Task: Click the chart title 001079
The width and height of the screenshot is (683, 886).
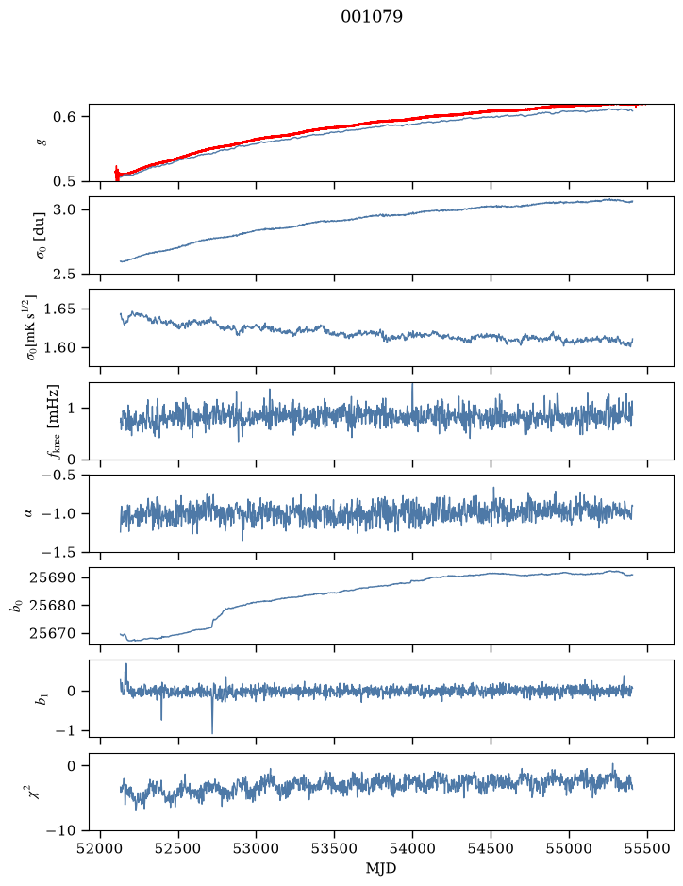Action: tap(371, 16)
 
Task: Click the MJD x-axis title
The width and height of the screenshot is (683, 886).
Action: tap(381, 868)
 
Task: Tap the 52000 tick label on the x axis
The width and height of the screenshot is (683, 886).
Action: tap(101, 848)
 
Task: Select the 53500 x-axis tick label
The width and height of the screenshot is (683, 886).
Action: tap(335, 848)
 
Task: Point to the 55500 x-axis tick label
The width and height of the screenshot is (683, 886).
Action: tap(647, 848)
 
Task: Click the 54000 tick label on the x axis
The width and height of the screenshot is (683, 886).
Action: tap(412, 848)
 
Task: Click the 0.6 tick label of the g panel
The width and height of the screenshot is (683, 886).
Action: tap(64, 117)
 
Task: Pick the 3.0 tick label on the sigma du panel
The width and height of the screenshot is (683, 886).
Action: tap(64, 210)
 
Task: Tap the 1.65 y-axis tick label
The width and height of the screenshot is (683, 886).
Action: tap(59, 309)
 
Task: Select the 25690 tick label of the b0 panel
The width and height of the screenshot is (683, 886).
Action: tap(51, 578)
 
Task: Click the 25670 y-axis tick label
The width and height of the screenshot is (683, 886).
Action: tap(51, 633)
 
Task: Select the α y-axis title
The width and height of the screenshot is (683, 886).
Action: tap(29, 513)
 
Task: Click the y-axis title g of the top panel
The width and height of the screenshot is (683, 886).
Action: tap(41, 142)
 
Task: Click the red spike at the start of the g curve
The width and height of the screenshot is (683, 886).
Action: tap(117, 173)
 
